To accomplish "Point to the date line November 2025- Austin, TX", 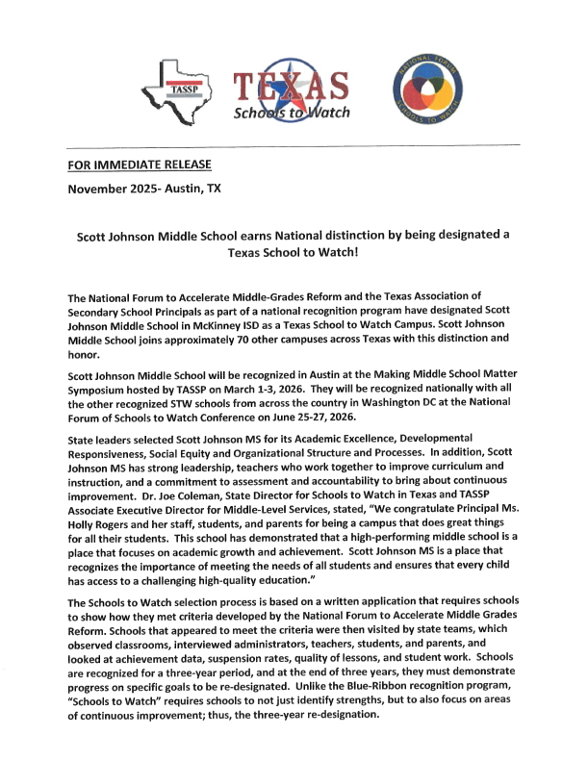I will point(143,189).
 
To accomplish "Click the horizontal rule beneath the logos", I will point(293,144).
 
